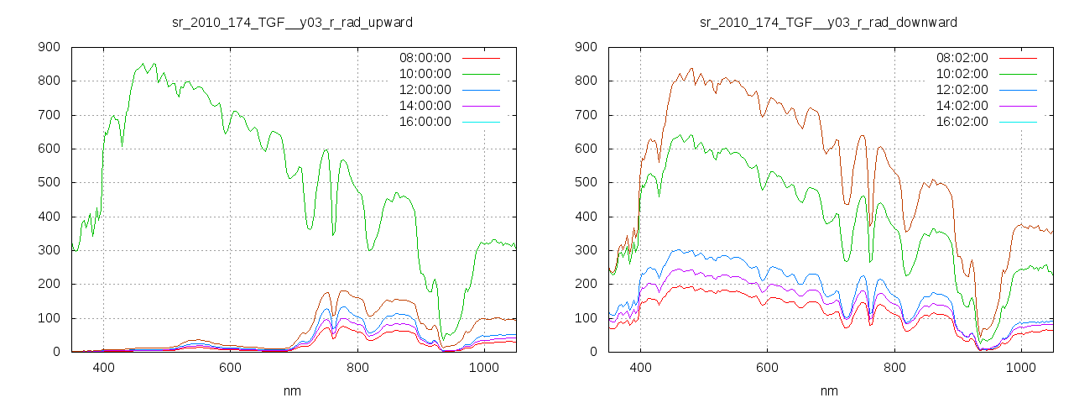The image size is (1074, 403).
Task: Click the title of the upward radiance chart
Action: click(x=292, y=22)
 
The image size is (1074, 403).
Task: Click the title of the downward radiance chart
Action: click(x=829, y=22)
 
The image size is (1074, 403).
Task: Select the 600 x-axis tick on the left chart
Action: click(x=231, y=367)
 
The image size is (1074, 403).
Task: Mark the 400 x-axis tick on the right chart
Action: click(x=641, y=367)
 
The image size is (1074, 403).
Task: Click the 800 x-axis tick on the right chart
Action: click(x=894, y=367)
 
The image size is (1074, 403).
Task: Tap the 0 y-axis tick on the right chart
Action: click(x=595, y=352)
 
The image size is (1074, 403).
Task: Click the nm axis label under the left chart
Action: click(x=292, y=391)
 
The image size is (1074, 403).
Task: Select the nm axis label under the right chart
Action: click(x=829, y=391)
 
